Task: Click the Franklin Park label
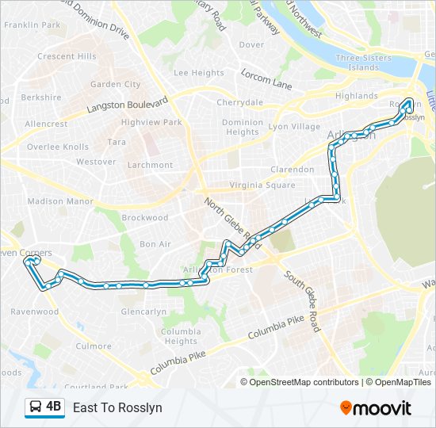[x=32, y=25]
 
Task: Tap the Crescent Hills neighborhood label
[x=67, y=56]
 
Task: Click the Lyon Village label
[x=294, y=127]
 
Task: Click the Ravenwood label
[x=35, y=311]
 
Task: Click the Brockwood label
[x=145, y=218]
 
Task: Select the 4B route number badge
[x=53, y=407]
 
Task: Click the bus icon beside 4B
[x=36, y=407]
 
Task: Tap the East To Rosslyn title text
[x=117, y=407]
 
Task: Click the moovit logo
[x=376, y=408]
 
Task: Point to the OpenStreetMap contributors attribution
[x=304, y=382]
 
